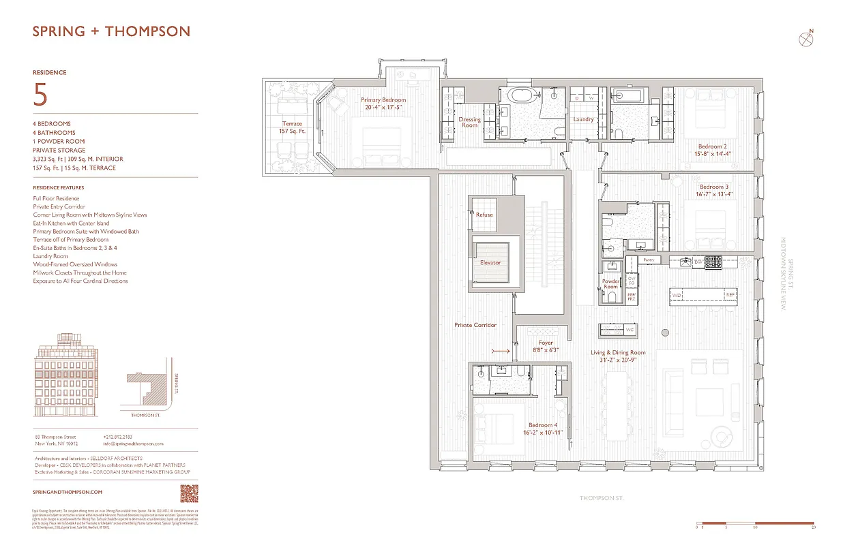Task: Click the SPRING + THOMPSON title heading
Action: pos(112,31)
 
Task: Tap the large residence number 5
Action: pos(40,95)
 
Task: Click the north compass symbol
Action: pos(806,39)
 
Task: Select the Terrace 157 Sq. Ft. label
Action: pos(291,127)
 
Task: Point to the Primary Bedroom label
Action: pos(383,104)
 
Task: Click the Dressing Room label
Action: pos(469,123)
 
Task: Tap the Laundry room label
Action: pos(583,119)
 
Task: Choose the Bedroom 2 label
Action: pos(712,150)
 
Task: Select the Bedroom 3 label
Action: pos(713,191)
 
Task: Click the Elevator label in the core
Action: pos(490,262)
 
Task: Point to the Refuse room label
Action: pos(484,215)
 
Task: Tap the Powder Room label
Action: pos(610,284)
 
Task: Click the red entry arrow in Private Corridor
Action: pos(500,351)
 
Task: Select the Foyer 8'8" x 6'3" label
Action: pos(545,346)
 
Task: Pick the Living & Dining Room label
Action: pos(618,356)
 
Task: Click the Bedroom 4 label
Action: pos(542,429)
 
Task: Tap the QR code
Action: pos(189,492)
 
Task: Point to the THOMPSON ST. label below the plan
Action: pos(601,499)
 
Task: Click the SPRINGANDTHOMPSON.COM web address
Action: pos(68,491)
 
